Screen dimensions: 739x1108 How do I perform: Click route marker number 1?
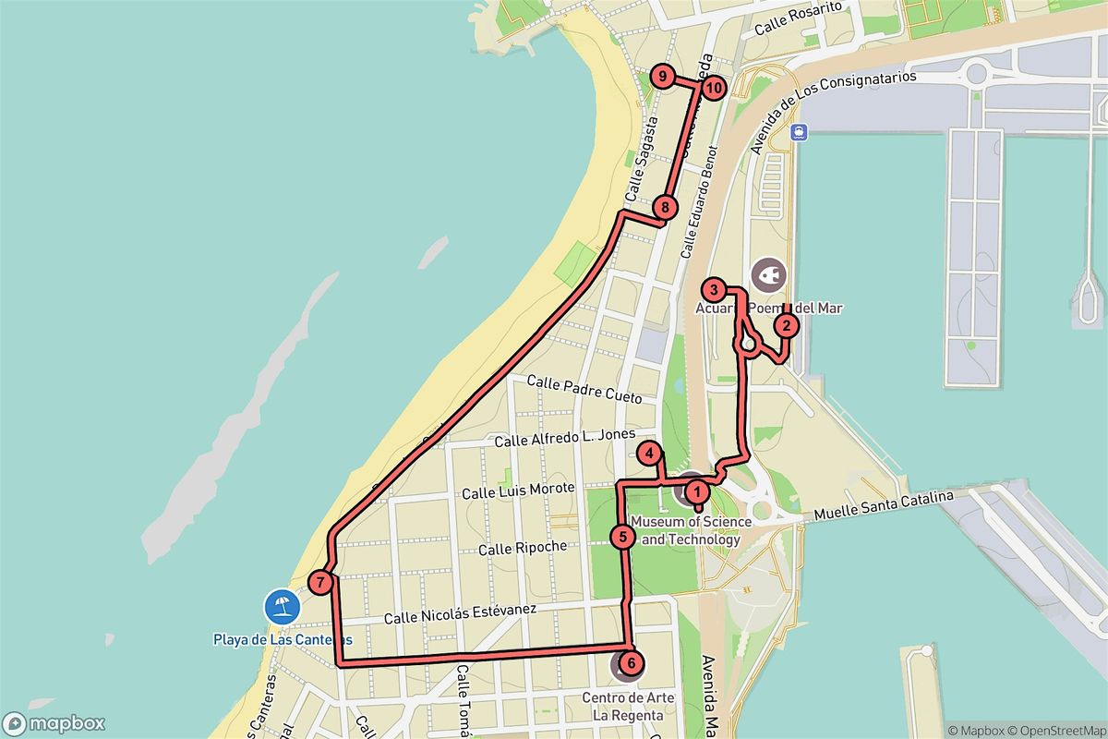[x=697, y=491]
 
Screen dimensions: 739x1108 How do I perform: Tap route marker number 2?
[x=786, y=325]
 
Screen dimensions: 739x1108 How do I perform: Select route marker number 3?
[x=713, y=288]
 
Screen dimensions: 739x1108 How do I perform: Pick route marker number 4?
[x=651, y=454]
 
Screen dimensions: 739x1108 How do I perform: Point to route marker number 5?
[x=624, y=536]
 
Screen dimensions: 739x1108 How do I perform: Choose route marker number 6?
[x=630, y=662]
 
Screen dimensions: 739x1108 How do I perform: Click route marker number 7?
[x=319, y=582]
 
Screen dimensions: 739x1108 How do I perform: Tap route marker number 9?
[x=662, y=77]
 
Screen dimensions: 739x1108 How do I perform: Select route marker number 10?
[x=713, y=88]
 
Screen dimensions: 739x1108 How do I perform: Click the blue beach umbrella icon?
[x=281, y=607]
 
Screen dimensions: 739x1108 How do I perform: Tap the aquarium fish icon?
[x=768, y=274]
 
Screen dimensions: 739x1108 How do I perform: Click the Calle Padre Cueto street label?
[x=584, y=388]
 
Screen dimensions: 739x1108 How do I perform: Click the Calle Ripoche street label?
[x=522, y=548]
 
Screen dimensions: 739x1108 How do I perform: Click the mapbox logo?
[x=54, y=723]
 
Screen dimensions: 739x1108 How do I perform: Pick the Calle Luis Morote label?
[x=518, y=491]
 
